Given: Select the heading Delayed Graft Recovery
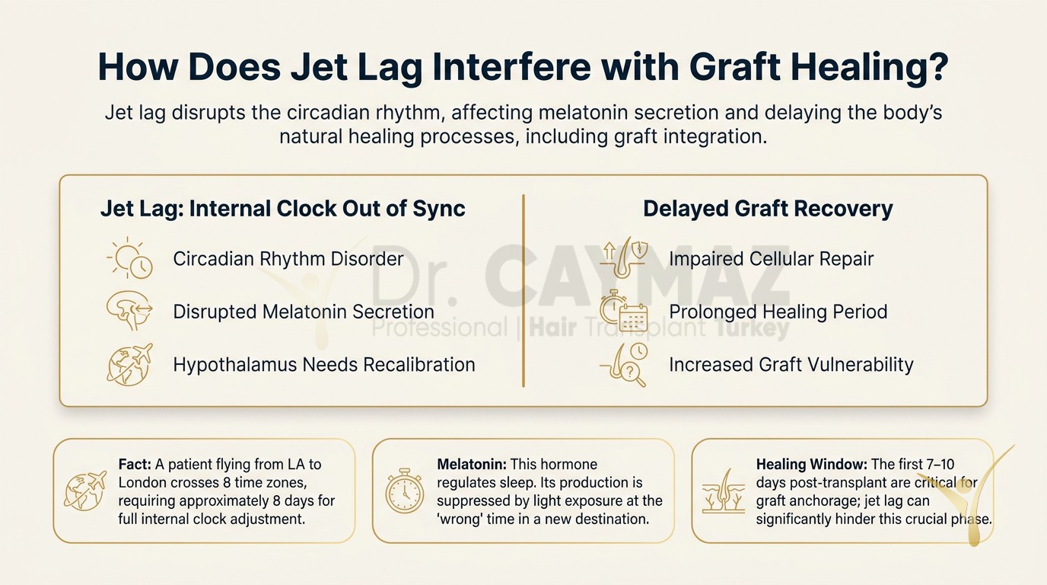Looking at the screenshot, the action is pyautogui.click(x=768, y=209).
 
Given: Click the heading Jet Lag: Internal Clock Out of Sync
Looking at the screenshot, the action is pyautogui.click(x=283, y=209).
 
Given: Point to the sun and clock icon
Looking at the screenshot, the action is pyautogui.click(x=129, y=258).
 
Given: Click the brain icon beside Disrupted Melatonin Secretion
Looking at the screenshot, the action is pyautogui.click(x=129, y=310).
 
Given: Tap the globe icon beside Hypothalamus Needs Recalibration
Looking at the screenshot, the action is pyautogui.click(x=129, y=365).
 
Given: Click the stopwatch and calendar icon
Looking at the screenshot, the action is pyautogui.click(x=624, y=311).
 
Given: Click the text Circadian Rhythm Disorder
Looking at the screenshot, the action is pyautogui.click(x=288, y=259).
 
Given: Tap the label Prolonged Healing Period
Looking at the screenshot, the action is pyautogui.click(x=778, y=312).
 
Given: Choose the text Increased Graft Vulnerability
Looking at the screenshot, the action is pyautogui.click(x=791, y=365).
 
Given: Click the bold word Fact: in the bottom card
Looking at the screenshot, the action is pyautogui.click(x=135, y=464).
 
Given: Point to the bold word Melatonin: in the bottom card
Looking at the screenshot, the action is pyautogui.click(x=472, y=464).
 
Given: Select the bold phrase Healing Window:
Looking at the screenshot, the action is pyautogui.click(x=812, y=465).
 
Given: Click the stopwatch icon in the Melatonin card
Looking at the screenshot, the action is pyautogui.click(x=405, y=491).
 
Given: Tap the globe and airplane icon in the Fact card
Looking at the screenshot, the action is pyautogui.click(x=85, y=491).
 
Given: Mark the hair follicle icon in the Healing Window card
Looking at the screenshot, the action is pyautogui.click(x=723, y=491).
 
